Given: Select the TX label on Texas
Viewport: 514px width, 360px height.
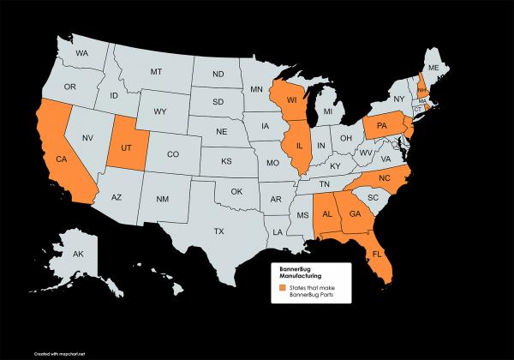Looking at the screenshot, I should pyautogui.click(x=218, y=231).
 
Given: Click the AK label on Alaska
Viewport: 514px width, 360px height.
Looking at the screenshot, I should pyautogui.click(x=77, y=255).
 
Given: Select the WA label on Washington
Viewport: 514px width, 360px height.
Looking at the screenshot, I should pyautogui.click(x=82, y=53).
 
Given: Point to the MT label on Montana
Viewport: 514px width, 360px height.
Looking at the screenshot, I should pyautogui.click(x=156, y=71).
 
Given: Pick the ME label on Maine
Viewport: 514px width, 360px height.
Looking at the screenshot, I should pyautogui.click(x=433, y=67).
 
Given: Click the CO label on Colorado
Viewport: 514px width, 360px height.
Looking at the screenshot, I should pyautogui.click(x=172, y=155).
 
